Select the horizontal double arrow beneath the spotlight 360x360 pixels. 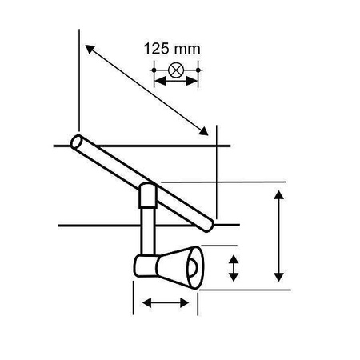[164, 302]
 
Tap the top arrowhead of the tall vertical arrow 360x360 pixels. [278, 195]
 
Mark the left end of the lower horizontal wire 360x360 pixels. [60, 225]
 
